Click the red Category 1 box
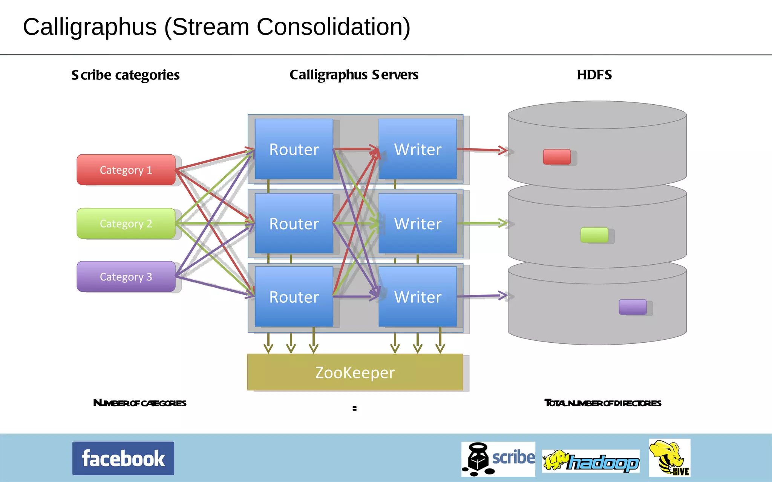(126, 170)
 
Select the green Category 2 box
(126, 223)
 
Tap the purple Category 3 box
(126, 277)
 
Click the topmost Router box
(294, 149)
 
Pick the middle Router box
(294, 223)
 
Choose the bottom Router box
(294, 297)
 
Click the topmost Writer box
(418, 149)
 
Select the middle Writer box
(418, 223)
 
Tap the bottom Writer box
(418, 297)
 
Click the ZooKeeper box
(355, 372)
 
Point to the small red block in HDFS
(557, 157)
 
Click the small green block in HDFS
(594, 235)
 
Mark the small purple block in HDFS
(633, 307)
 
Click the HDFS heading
(594, 75)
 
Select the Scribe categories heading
(125, 75)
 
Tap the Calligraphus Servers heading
(354, 75)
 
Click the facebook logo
(123, 458)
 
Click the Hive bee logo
(669, 458)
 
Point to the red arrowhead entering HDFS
(504, 150)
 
